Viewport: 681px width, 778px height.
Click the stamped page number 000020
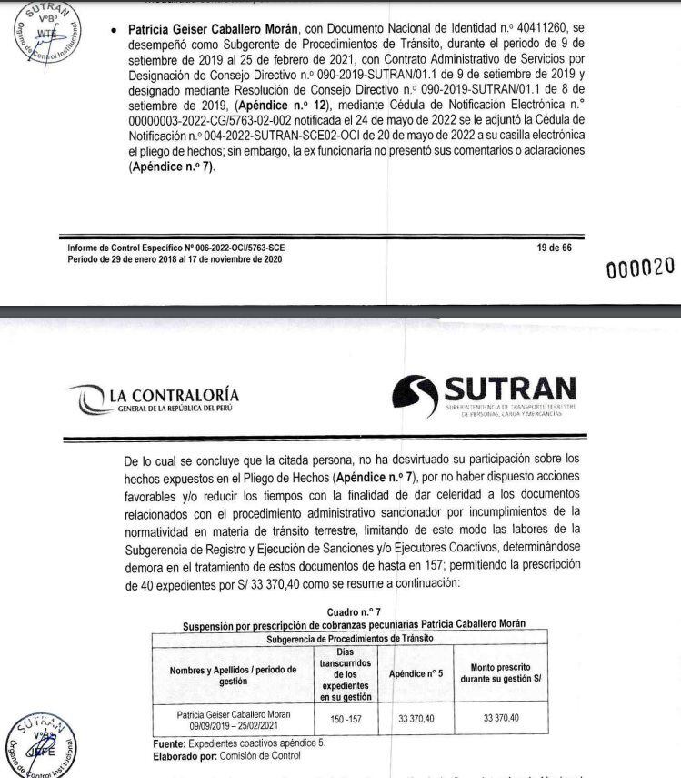tap(641, 267)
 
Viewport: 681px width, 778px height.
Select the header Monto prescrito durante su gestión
tap(500, 675)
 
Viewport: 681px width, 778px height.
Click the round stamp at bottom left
tap(43, 744)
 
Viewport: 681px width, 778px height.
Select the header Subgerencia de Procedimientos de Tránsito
tap(351, 639)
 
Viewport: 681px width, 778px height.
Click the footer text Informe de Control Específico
tap(181, 248)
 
